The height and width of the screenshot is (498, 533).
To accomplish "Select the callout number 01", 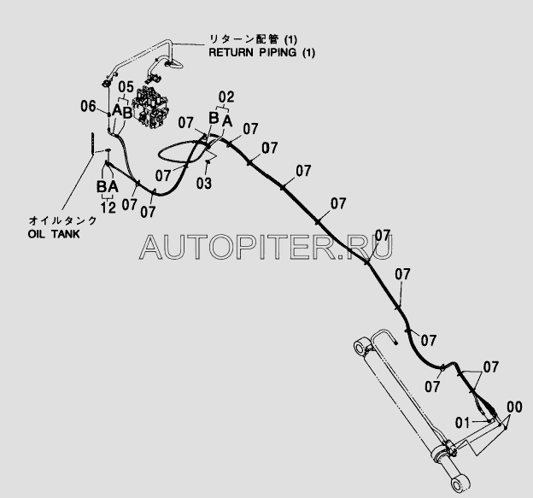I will [x=463, y=420].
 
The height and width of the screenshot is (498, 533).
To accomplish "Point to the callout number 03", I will [x=203, y=184].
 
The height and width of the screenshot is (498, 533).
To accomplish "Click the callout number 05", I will [x=126, y=87].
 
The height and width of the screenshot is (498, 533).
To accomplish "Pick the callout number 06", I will [x=88, y=107].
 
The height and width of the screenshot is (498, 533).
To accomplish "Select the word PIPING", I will [x=278, y=52].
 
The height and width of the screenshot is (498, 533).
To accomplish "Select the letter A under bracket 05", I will [x=117, y=112].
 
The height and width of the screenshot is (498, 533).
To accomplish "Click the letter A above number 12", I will [x=113, y=186].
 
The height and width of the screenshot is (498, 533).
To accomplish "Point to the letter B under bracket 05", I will [x=128, y=112].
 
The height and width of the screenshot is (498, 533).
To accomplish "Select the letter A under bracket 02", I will [x=226, y=121].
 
